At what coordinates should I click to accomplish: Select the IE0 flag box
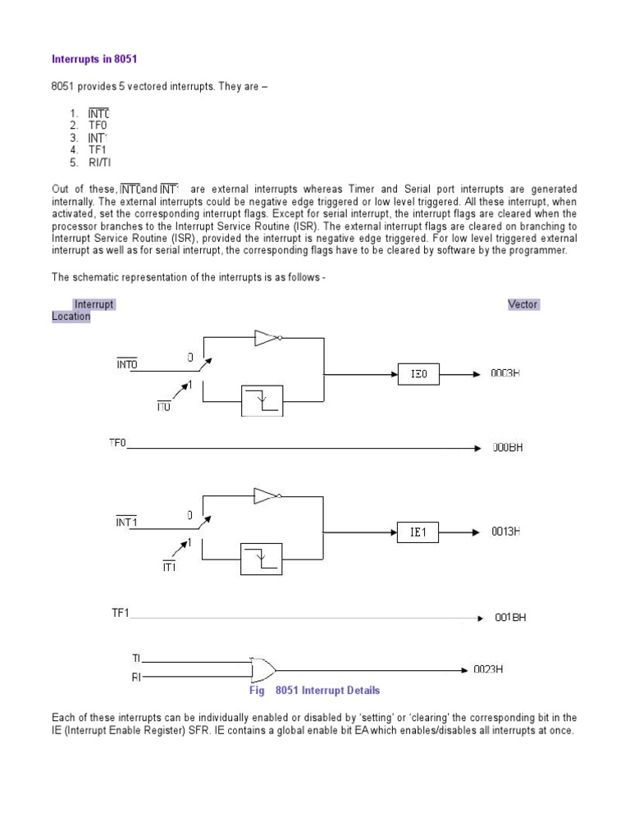pyautogui.click(x=418, y=374)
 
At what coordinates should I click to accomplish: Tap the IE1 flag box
pyautogui.click(x=418, y=532)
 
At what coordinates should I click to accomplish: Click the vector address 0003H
pyautogui.click(x=505, y=373)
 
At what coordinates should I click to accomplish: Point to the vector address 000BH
pyautogui.click(x=507, y=448)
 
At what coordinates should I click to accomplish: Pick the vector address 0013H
pyautogui.click(x=505, y=532)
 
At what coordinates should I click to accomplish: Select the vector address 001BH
pyautogui.click(x=509, y=617)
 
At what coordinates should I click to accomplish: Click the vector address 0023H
pyautogui.click(x=487, y=669)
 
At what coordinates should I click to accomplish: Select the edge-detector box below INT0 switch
pyautogui.click(x=262, y=400)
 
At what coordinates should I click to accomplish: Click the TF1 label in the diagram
pyautogui.click(x=121, y=612)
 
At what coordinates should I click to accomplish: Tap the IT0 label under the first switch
pyautogui.click(x=164, y=406)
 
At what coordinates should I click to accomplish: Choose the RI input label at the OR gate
pyautogui.click(x=136, y=678)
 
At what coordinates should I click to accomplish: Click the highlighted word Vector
pyautogui.click(x=523, y=304)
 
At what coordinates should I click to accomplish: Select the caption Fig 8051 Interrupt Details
pyautogui.click(x=315, y=691)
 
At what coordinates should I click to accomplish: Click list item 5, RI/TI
pyautogui.click(x=99, y=162)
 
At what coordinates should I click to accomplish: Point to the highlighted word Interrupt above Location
pyautogui.click(x=94, y=304)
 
